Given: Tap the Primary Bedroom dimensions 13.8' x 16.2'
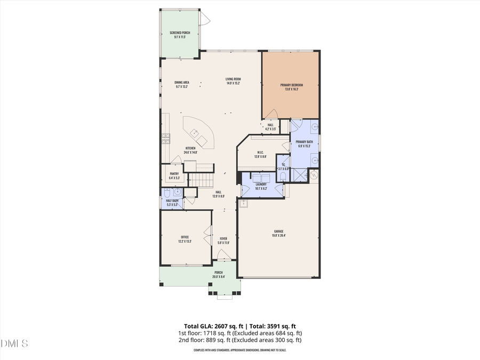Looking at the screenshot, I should [292, 89].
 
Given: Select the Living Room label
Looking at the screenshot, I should [233, 79].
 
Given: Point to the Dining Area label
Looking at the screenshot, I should [182, 82].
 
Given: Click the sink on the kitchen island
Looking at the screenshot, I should [195, 132].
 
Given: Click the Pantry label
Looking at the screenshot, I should [174, 173].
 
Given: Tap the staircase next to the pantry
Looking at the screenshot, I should [202, 180].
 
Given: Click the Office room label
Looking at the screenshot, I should [185, 237].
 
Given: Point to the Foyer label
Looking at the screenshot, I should [223, 238].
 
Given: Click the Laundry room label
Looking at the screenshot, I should [260, 184].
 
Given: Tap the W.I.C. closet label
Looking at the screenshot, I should [260, 153].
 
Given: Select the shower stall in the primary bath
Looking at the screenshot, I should [299, 174].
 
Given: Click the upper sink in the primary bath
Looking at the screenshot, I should [315, 127].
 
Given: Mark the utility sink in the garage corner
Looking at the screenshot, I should [245, 203].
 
